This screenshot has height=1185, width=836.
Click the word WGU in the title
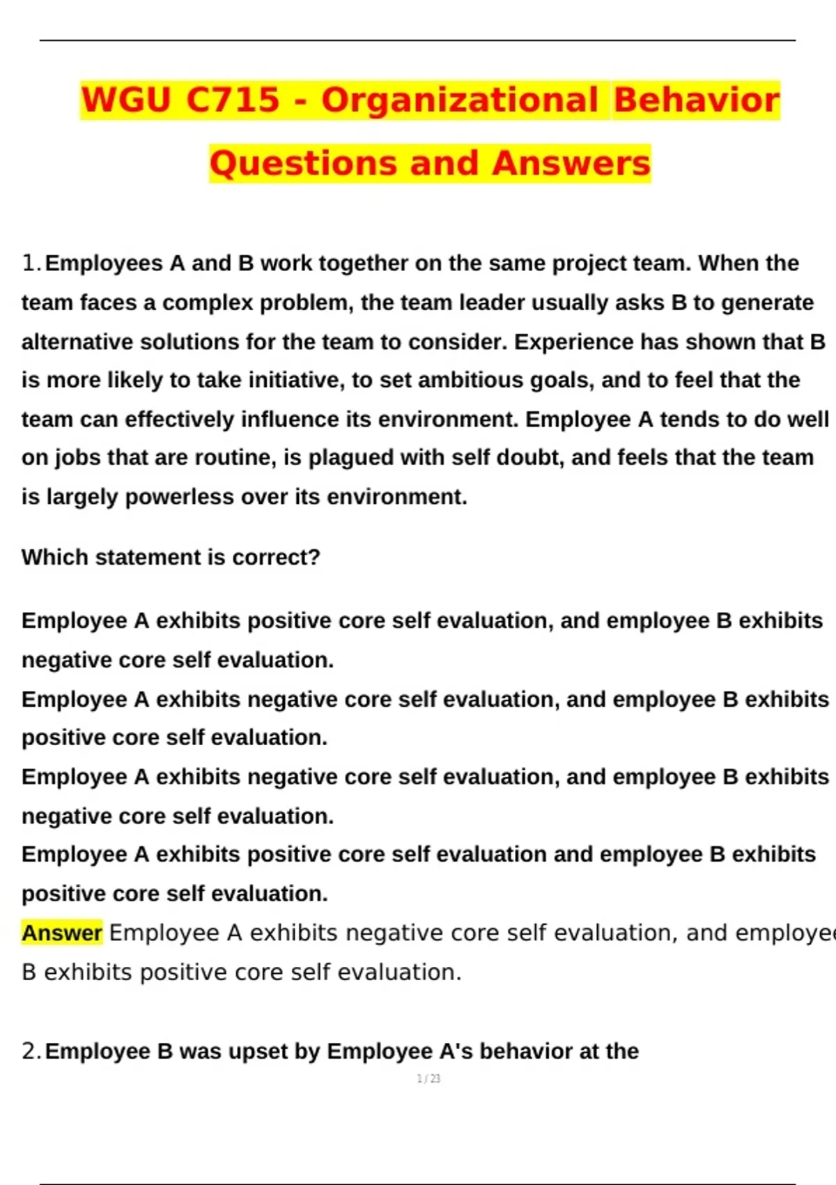(x=126, y=100)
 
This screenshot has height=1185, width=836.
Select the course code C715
(x=233, y=100)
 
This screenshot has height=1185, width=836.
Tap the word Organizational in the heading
(x=460, y=100)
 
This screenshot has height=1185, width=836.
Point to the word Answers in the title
(x=571, y=164)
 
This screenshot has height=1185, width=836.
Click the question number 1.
(x=29, y=263)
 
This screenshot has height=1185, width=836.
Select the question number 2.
(x=29, y=1051)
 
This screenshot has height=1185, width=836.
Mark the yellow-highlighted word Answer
(x=62, y=933)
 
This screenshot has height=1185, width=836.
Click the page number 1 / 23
(x=428, y=1079)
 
